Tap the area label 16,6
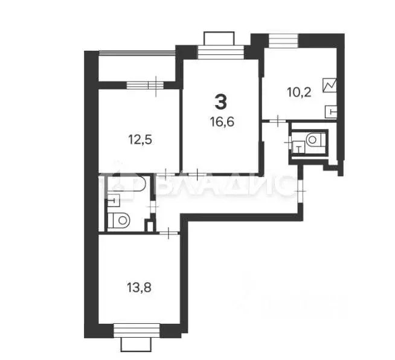[222, 121]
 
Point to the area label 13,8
[140, 288]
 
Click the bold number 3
[222, 100]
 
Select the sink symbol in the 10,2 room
[332, 110]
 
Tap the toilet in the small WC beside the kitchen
[313, 140]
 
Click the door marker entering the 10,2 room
[275, 121]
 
